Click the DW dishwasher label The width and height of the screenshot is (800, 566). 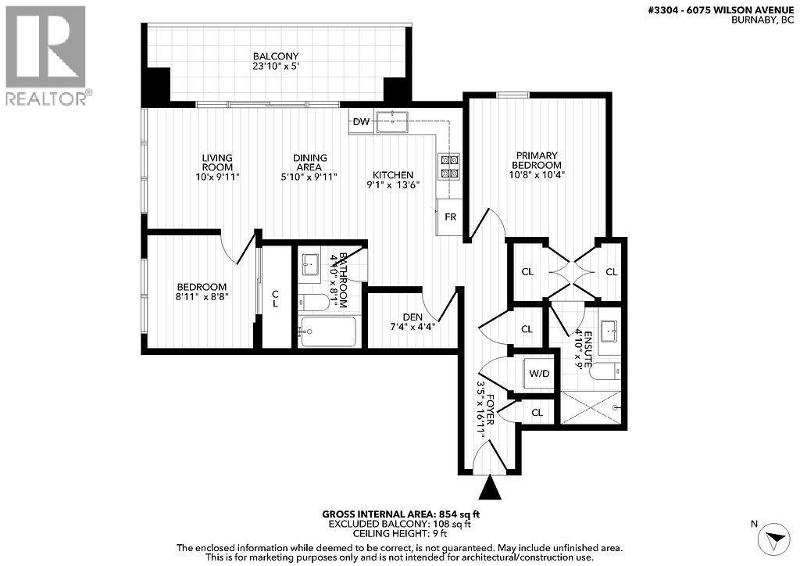point(361,121)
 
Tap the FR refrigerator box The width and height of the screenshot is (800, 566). point(450,217)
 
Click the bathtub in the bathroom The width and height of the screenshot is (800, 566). point(328,331)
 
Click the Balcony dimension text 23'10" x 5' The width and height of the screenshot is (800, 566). point(276,67)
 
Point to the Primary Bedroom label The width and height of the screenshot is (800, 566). point(537,159)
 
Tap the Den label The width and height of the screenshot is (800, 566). point(412,317)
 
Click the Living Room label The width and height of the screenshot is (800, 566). point(216,163)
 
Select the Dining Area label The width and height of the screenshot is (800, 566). point(310,163)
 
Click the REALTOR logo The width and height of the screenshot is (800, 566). point(47,55)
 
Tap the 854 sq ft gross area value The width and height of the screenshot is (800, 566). point(462,514)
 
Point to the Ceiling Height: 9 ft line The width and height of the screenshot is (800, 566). point(399,536)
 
